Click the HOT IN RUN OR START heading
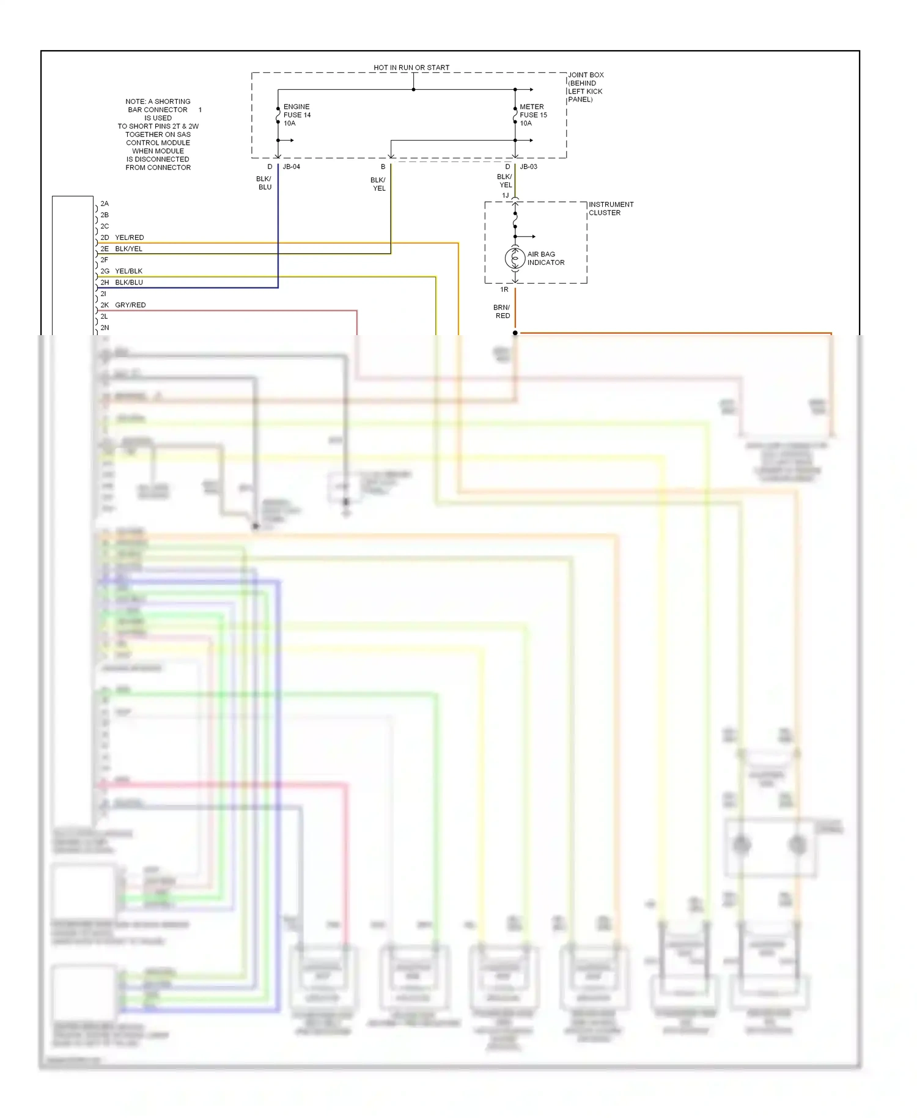click(x=411, y=67)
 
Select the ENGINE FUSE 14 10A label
click(x=296, y=115)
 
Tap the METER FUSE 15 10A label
click(x=533, y=115)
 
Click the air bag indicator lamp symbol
click(x=515, y=258)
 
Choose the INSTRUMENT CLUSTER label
click(x=611, y=209)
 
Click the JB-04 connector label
click(x=292, y=166)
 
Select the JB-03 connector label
click(x=528, y=166)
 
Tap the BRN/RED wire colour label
click(x=502, y=311)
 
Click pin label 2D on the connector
click(x=105, y=237)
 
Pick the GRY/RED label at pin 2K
click(x=130, y=305)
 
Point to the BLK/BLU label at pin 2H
click(x=129, y=282)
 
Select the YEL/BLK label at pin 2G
click(x=129, y=271)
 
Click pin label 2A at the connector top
click(x=105, y=204)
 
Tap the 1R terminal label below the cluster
click(x=504, y=289)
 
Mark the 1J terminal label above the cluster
click(x=505, y=195)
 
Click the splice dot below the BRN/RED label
click(x=515, y=333)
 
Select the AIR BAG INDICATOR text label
click(x=545, y=258)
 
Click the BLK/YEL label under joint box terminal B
click(x=378, y=184)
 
